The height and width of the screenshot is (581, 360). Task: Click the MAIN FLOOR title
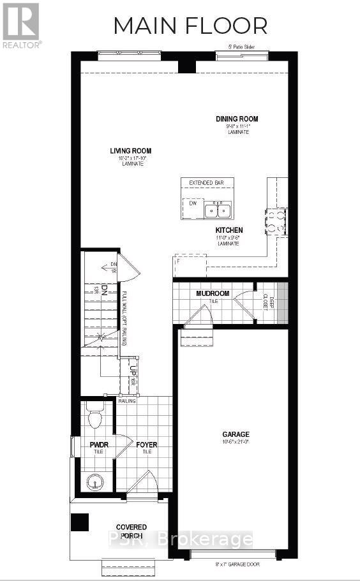pyautogui.click(x=190, y=26)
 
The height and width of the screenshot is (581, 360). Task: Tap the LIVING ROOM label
pyautogui.click(x=130, y=151)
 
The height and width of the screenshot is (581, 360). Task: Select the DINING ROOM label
pyautogui.click(x=237, y=119)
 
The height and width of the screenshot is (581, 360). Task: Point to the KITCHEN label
pyautogui.click(x=229, y=230)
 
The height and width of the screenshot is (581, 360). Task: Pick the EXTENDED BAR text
pyautogui.click(x=207, y=183)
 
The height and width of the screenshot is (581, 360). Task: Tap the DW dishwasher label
pyautogui.click(x=191, y=203)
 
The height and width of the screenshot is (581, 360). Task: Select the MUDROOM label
pyautogui.click(x=213, y=293)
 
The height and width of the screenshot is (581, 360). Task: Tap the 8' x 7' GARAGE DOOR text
pyautogui.click(x=233, y=564)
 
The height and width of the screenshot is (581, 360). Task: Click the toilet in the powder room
pyautogui.click(x=94, y=418)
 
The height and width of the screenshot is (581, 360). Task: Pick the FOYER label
pyautogui.click(x=146, y=445)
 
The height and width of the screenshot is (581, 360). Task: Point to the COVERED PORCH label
pyautogui.click(x=131, y=531)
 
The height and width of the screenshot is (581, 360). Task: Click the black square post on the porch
pyautogui.click(x=80, y=522)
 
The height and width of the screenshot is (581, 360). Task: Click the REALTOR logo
pyautogui.click(x=21, y=25)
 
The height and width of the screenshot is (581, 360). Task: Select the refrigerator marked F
pyautogui.click(x=190, y=264)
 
